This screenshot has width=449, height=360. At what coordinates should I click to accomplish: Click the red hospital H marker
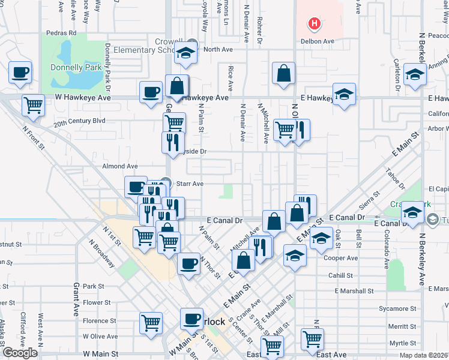313,25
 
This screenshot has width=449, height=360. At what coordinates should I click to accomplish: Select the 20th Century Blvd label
79,121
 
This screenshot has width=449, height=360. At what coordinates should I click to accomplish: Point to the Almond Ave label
120,166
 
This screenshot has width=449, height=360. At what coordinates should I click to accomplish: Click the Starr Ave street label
190,184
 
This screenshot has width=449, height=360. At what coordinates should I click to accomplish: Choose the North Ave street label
217,50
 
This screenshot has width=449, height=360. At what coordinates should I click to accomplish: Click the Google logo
20,352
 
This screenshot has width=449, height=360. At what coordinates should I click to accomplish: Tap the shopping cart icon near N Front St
33,105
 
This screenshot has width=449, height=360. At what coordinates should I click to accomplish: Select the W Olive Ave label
100,337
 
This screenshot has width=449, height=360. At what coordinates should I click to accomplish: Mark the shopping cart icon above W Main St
151,322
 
